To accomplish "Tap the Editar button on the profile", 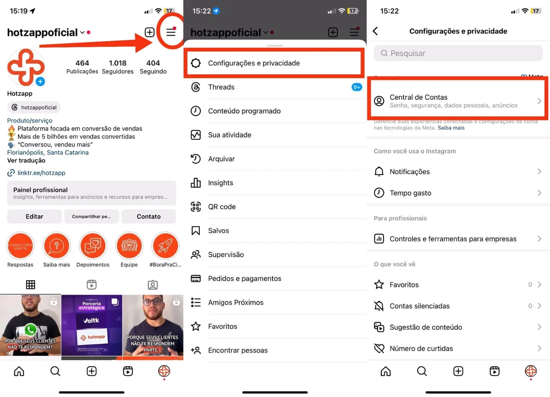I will tap(34, 216).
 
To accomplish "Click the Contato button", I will tap(148, 216).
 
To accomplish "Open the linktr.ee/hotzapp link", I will tap(41, 173).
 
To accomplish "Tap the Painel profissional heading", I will tap(40, 190).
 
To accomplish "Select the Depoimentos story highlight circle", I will tap(93, 246).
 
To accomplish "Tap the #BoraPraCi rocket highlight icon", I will tap(165, 246).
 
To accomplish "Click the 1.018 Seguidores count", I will tap(118, 66).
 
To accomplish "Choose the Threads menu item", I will tap(221, 87).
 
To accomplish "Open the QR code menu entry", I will tap(222, 207).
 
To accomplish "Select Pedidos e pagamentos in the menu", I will tap(244, 278).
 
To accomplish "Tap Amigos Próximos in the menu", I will tap(236, 303).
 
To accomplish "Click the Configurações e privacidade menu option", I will tap(254, 63).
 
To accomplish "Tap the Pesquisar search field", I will tap(458, 53).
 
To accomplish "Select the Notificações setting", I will tap(410, 172).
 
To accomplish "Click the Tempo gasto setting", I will tap(410, 193).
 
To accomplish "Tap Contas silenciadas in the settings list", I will tap(419, 306).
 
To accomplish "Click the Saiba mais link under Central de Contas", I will tap(451, 128).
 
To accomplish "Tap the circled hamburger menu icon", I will tap(171, 32).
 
